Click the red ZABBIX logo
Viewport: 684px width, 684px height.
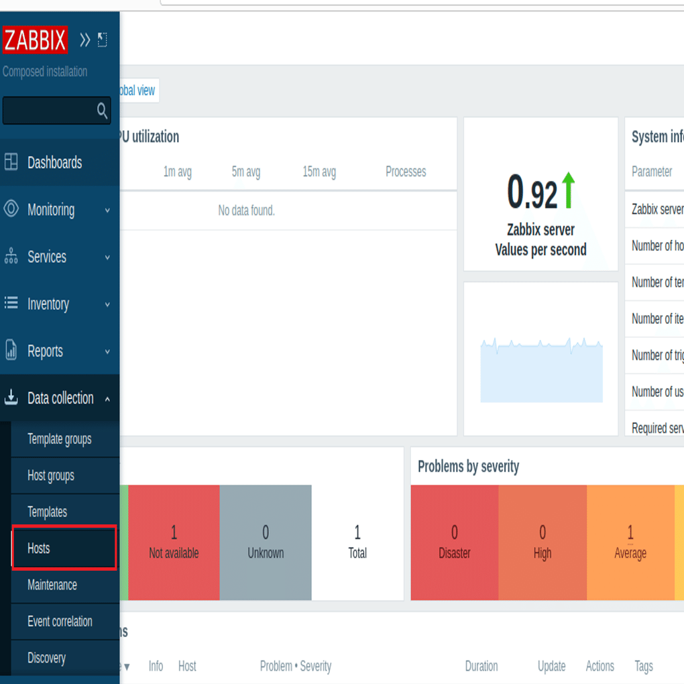coord(35,40)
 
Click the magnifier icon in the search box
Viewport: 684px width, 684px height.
coord(102,111)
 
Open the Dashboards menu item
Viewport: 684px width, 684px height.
coord(54,162)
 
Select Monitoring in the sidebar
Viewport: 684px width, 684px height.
coord(51,210)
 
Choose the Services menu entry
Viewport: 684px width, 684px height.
coord(47,257)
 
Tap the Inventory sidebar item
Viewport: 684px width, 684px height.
coord(48,304)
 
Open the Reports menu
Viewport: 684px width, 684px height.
coord(45,351)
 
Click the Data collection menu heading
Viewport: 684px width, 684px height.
coord(60,398)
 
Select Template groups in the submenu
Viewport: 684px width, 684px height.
coord(59,439)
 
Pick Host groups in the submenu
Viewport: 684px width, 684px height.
coord(51,476)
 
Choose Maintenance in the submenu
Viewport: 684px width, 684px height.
coord(52,585)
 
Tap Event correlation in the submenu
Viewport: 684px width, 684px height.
coord(60,622)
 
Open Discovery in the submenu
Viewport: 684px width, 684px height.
coord(46,658)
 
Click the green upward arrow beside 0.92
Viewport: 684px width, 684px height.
coord(569,190)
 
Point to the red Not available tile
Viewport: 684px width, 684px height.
coord(174,543)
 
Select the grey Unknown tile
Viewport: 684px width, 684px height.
coord(266,543)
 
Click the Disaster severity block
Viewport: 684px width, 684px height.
coord(455,543)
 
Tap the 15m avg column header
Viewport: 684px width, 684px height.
coord(319,172)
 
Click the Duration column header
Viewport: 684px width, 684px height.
coord(481,666)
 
